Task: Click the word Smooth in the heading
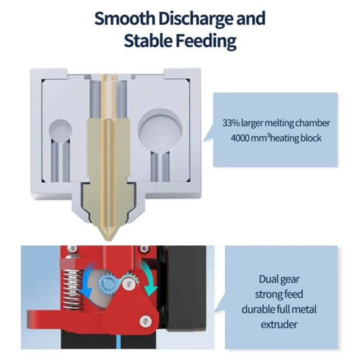point(124,19)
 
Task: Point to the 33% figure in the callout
point(231,123)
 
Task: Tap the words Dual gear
point(279,279)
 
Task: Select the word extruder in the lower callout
point(279,324)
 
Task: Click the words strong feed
point(279,294)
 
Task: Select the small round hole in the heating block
point(60,131)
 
